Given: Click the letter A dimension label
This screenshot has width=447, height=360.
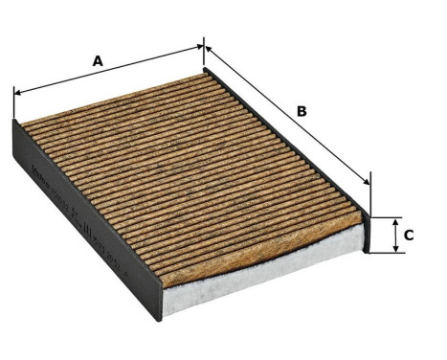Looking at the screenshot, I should tap(97, 60).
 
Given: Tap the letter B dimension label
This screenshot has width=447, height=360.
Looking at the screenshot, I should tap(301, 111).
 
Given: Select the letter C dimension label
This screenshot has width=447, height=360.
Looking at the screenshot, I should tap(409, 234).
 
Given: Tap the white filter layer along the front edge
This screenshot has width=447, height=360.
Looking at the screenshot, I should tap(258, 278).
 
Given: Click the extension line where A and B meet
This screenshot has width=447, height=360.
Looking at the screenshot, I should tap(204, 55).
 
